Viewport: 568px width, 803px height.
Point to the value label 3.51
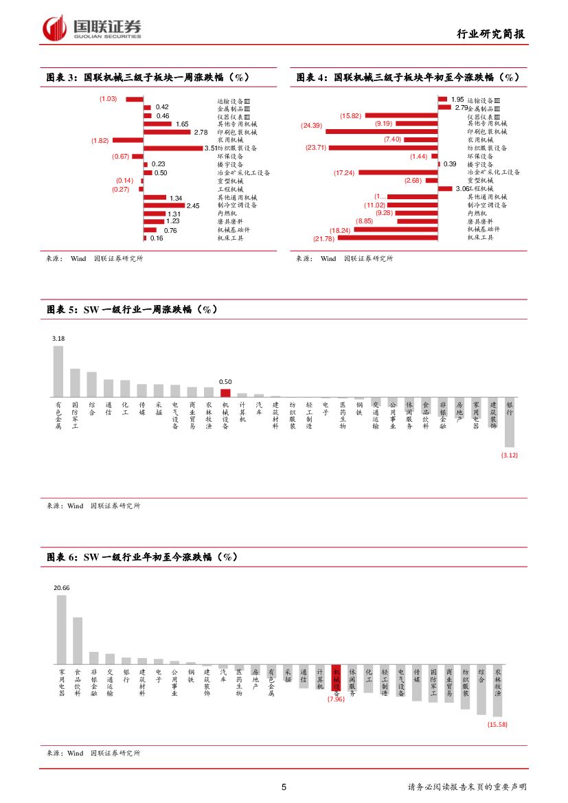click(x=211, y=148)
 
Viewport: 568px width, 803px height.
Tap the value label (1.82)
click(x=100, y=140)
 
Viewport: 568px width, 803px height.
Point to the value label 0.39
click(x=450, y=164)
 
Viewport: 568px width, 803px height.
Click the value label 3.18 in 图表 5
click(x=58, y=339)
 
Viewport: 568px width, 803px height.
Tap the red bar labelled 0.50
click(x=225, y=393)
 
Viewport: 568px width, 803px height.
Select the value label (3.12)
click(x=510, y=455)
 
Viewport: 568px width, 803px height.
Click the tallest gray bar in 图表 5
click(x=58, y=372)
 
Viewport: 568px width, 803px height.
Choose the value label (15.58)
click(x=497, y=724)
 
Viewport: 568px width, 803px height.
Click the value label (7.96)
click(x=336, y=699)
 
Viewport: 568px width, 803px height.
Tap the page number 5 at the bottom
click(x=284, y=787)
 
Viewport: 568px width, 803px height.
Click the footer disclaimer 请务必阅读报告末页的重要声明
click(x=466, y=787)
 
